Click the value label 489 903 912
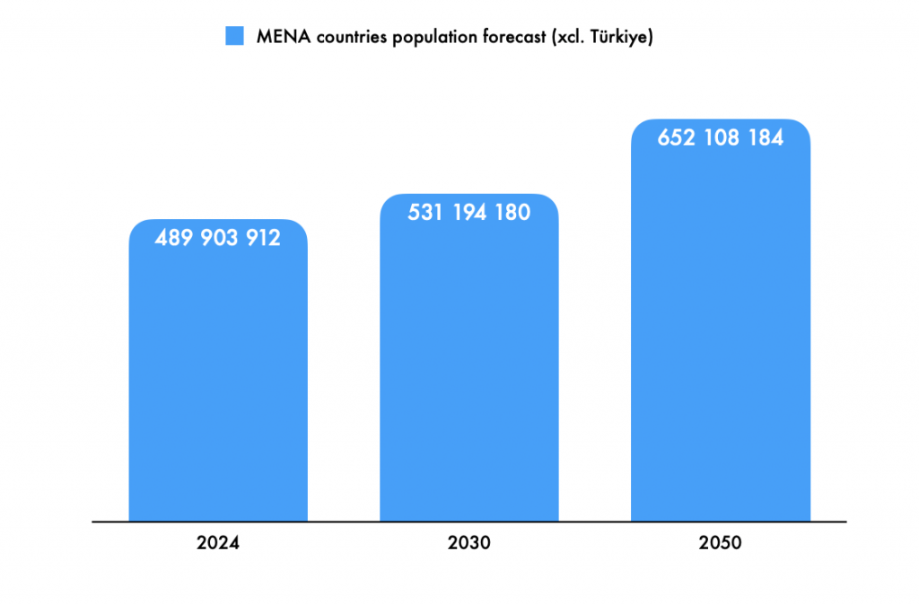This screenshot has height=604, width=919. point(218,238)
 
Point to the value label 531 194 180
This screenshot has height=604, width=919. point(469,213)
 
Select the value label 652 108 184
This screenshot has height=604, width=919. point(721,138)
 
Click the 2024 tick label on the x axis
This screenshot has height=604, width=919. point(218,543)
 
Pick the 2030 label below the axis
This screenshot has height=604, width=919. point(469,543)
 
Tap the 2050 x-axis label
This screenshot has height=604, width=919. point(721,543)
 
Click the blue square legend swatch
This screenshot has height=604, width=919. point(234,37)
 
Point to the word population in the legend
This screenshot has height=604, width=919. point(429,38)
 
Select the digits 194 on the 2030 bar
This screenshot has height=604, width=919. point(469,213)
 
